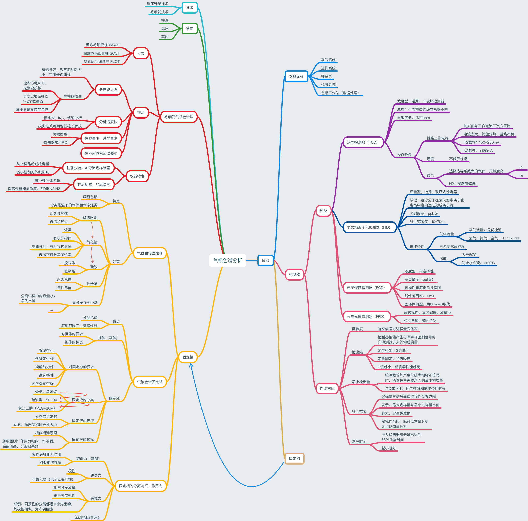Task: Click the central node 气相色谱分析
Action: click(227, 260)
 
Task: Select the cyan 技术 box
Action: click(189, 8)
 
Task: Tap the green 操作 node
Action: click(189, 28)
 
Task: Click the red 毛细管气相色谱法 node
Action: click(179, 117)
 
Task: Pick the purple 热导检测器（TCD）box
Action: click(362, 142)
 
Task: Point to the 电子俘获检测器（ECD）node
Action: click(366, 288)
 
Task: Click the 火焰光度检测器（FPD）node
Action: click(366, 316)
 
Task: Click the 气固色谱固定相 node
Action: click(150, 253)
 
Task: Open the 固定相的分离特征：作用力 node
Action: click(141, 486)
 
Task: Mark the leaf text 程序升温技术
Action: click(157, 4)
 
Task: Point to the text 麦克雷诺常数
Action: click(46, 416)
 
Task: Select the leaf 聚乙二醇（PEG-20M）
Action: click(37, 408)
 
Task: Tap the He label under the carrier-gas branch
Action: click(521, 175)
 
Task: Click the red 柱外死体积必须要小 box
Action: click(101, 153)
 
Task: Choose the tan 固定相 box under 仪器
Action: click(294, 459)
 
